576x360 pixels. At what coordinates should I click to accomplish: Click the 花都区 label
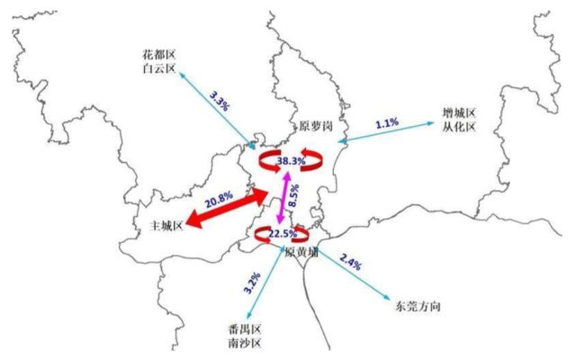(159, 54)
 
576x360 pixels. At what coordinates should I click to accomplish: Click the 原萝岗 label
(315, 129)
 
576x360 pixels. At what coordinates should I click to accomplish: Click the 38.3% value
(291, 160)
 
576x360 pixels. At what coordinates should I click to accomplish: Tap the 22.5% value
(283, 234)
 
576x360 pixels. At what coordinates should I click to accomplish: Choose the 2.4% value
(352, 264)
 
